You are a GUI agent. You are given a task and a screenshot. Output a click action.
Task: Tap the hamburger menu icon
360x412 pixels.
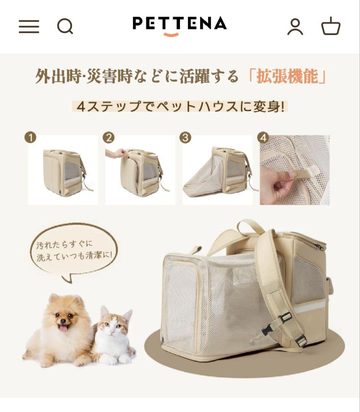click(x=29, y=27)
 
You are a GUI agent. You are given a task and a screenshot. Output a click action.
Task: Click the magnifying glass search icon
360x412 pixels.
click(x=65, y=27)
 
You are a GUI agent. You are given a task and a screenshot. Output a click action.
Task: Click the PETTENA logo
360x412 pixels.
click(x=179, y=24)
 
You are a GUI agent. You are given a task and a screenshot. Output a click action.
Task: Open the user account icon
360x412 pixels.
click(x=295, y=27)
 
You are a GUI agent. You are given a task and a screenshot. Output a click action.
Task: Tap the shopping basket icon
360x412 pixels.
click(x=330, y=27)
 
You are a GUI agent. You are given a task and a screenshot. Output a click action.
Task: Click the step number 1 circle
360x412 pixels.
click(x=31, y=138)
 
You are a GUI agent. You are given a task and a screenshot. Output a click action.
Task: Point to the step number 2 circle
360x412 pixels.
click(x=109, y=138)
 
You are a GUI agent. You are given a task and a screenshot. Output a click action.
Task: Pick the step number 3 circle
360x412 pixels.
click(x=186, y=138)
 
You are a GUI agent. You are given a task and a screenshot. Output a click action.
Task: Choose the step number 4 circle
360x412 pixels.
click(x=263, y=138)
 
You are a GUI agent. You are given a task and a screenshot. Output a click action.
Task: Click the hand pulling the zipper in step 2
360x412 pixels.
click(x=117, y=153)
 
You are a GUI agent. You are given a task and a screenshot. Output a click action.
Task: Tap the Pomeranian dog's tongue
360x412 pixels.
click(x=63, y=327)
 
